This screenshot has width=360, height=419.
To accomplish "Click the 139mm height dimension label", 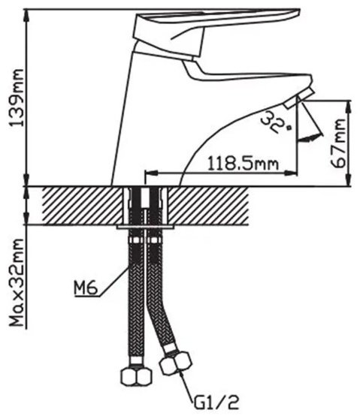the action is click(x=16, y=98).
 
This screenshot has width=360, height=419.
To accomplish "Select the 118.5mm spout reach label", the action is click(x=243, y=164).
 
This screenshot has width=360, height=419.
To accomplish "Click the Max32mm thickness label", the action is click(x=16, y=282).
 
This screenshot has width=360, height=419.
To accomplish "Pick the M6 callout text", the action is click(x=86, y=288).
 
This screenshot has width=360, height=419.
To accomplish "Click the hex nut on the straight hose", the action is click(x=136, y=376).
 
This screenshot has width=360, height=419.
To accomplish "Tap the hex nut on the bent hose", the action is click(x=176, y=364).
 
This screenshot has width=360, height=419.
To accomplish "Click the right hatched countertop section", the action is click(x=209, y=206).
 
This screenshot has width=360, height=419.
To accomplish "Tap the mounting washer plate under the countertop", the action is click(x=145, y=227).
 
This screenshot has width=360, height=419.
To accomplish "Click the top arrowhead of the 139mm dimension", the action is click(x=27, y=16).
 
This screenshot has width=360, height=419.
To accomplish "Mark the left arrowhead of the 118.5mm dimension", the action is click(x=151, y=173).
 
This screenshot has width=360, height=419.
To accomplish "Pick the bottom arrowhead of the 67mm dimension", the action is click(x=348, y=179).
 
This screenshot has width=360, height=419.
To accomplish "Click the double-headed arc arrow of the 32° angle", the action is click(x=311, y=137).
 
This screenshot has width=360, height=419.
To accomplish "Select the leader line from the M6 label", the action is click(x=113, y=282).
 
